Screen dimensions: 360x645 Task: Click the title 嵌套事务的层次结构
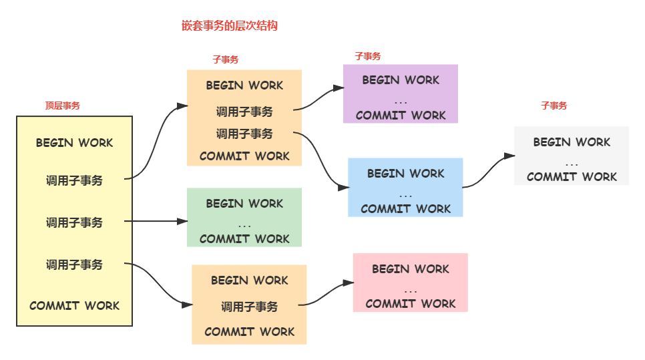(x=229, y=25)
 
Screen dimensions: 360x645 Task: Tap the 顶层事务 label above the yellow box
(x=62, y=105)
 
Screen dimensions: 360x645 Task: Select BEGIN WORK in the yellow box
(x=74, y=143)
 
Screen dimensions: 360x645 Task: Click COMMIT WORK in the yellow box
(x=74, y=306)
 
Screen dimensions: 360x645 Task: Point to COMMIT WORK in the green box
(x=244, y=239)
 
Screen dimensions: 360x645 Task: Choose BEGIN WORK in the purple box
(x=401, y=80)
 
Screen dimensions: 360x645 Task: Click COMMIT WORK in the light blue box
(x=405, y=209)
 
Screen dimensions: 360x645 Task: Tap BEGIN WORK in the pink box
(x=410, y=269)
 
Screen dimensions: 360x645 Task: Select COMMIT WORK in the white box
(x=572, y=177)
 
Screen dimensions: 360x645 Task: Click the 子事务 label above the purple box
(x=367, y=56)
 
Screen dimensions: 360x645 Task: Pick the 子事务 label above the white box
(x=554, y=106)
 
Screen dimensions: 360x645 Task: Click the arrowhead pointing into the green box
(x=182, y=221)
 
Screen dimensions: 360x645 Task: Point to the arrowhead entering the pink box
(x=347, y=283)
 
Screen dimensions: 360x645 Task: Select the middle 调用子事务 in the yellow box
(x=74, y=222)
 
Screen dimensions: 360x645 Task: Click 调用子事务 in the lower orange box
(x=249, y=307)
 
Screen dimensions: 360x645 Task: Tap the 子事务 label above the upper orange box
(x=225, y=59)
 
